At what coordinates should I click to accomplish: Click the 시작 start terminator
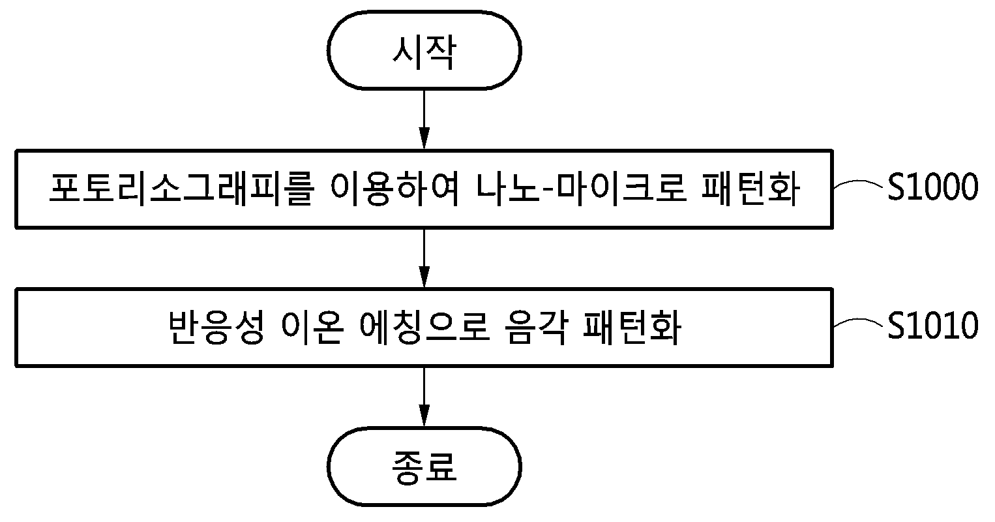point(424,50)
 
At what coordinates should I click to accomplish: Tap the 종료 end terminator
point(424,467)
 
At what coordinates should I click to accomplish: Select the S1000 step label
point(932,187)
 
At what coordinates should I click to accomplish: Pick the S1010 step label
point(932,326)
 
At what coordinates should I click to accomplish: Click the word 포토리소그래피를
point(182,189)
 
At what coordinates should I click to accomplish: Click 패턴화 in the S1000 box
point(750,189)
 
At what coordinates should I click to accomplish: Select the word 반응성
point(216,328)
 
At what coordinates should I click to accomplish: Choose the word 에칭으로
point(424,328)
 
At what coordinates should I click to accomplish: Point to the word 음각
point(536,328)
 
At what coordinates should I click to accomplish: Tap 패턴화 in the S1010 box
point(632,328)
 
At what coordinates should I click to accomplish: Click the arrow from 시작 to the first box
point(424,119)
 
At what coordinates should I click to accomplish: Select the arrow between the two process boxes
point(424,258)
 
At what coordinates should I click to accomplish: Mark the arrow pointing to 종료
point(424,397)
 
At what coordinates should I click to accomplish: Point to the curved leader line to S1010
point(859,322)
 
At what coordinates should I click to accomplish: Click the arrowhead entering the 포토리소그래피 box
point(424,139)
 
